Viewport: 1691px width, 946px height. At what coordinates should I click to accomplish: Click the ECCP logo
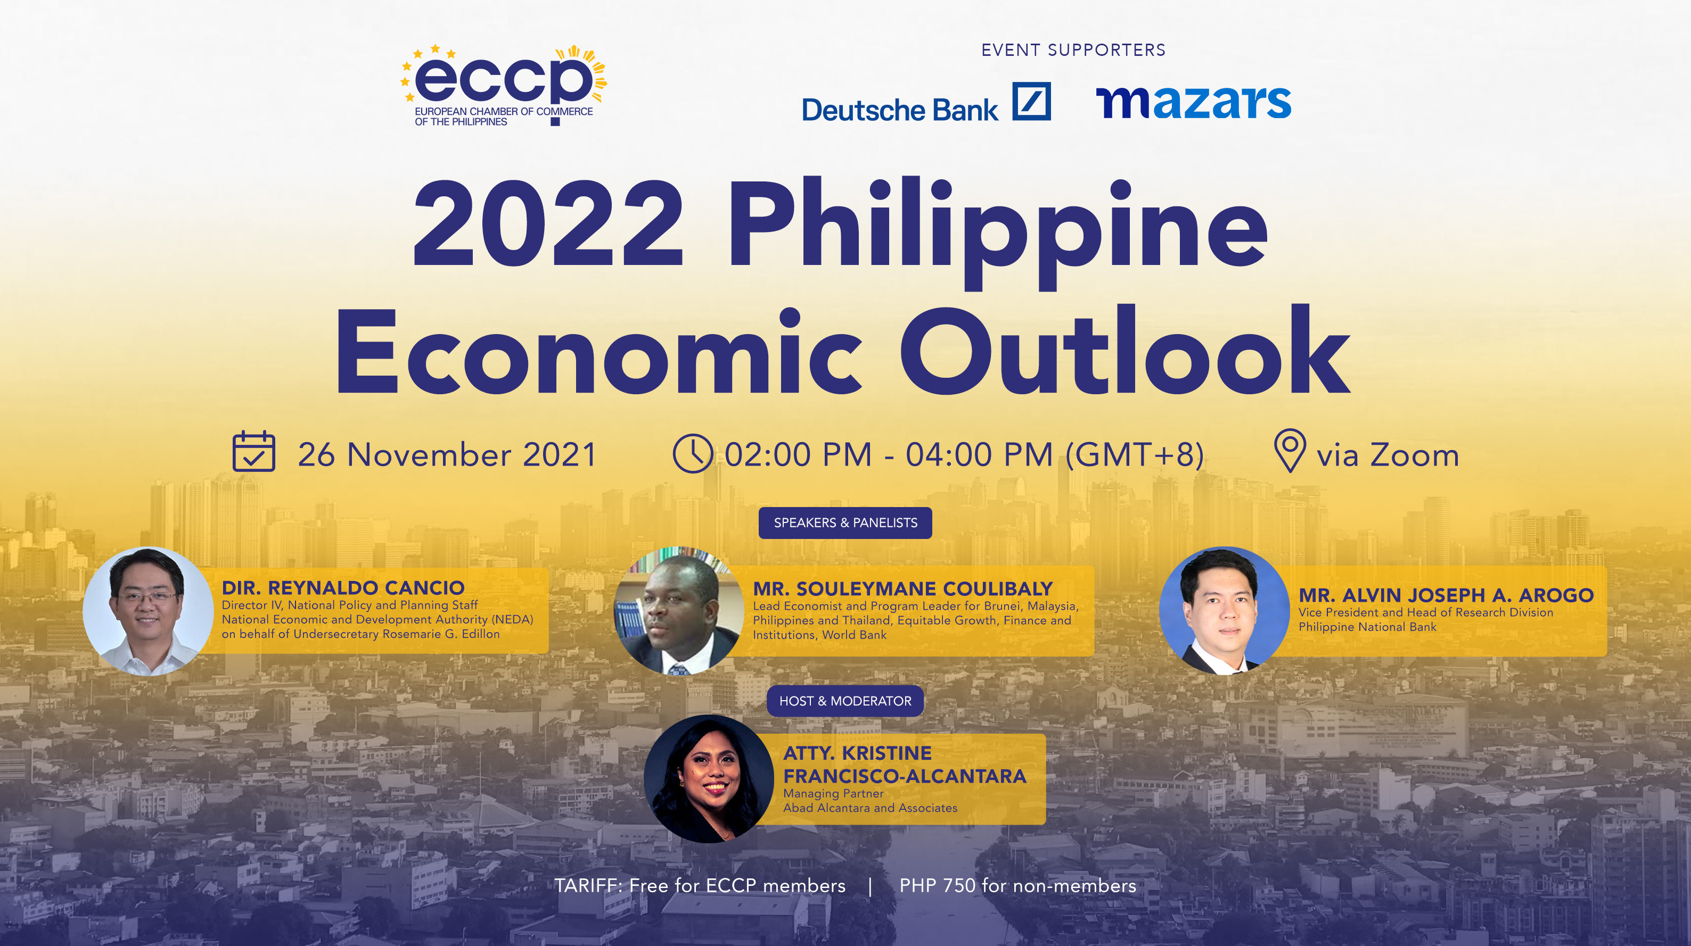[x=504, y=85]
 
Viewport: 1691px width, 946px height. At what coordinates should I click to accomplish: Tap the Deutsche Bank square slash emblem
[x=1031, y=102]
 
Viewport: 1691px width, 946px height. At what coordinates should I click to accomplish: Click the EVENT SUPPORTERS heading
[x=1073, y=50]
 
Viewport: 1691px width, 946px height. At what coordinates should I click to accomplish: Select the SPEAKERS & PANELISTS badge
[x=845, y=523]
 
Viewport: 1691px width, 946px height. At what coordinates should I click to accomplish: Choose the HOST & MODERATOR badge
[x=845, y=701]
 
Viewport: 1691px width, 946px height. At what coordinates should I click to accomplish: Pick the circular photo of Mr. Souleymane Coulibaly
[x=679, y=611]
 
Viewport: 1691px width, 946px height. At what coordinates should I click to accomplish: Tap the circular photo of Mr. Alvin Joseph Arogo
[x=1224, y=611]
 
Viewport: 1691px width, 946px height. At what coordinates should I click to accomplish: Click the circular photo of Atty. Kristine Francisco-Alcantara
[x=709, y=779]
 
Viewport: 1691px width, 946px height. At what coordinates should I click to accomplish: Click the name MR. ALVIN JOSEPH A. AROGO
[x=1446, y=595]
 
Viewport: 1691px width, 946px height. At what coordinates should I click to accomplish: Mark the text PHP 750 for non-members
[x=1017, y=886]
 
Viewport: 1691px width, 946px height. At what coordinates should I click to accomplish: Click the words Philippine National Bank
[x=1367, y=627]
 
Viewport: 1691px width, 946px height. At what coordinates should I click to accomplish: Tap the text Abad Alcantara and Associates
[x=870, y=808]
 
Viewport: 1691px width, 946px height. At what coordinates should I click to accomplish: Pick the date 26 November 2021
[x=447, y=454]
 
